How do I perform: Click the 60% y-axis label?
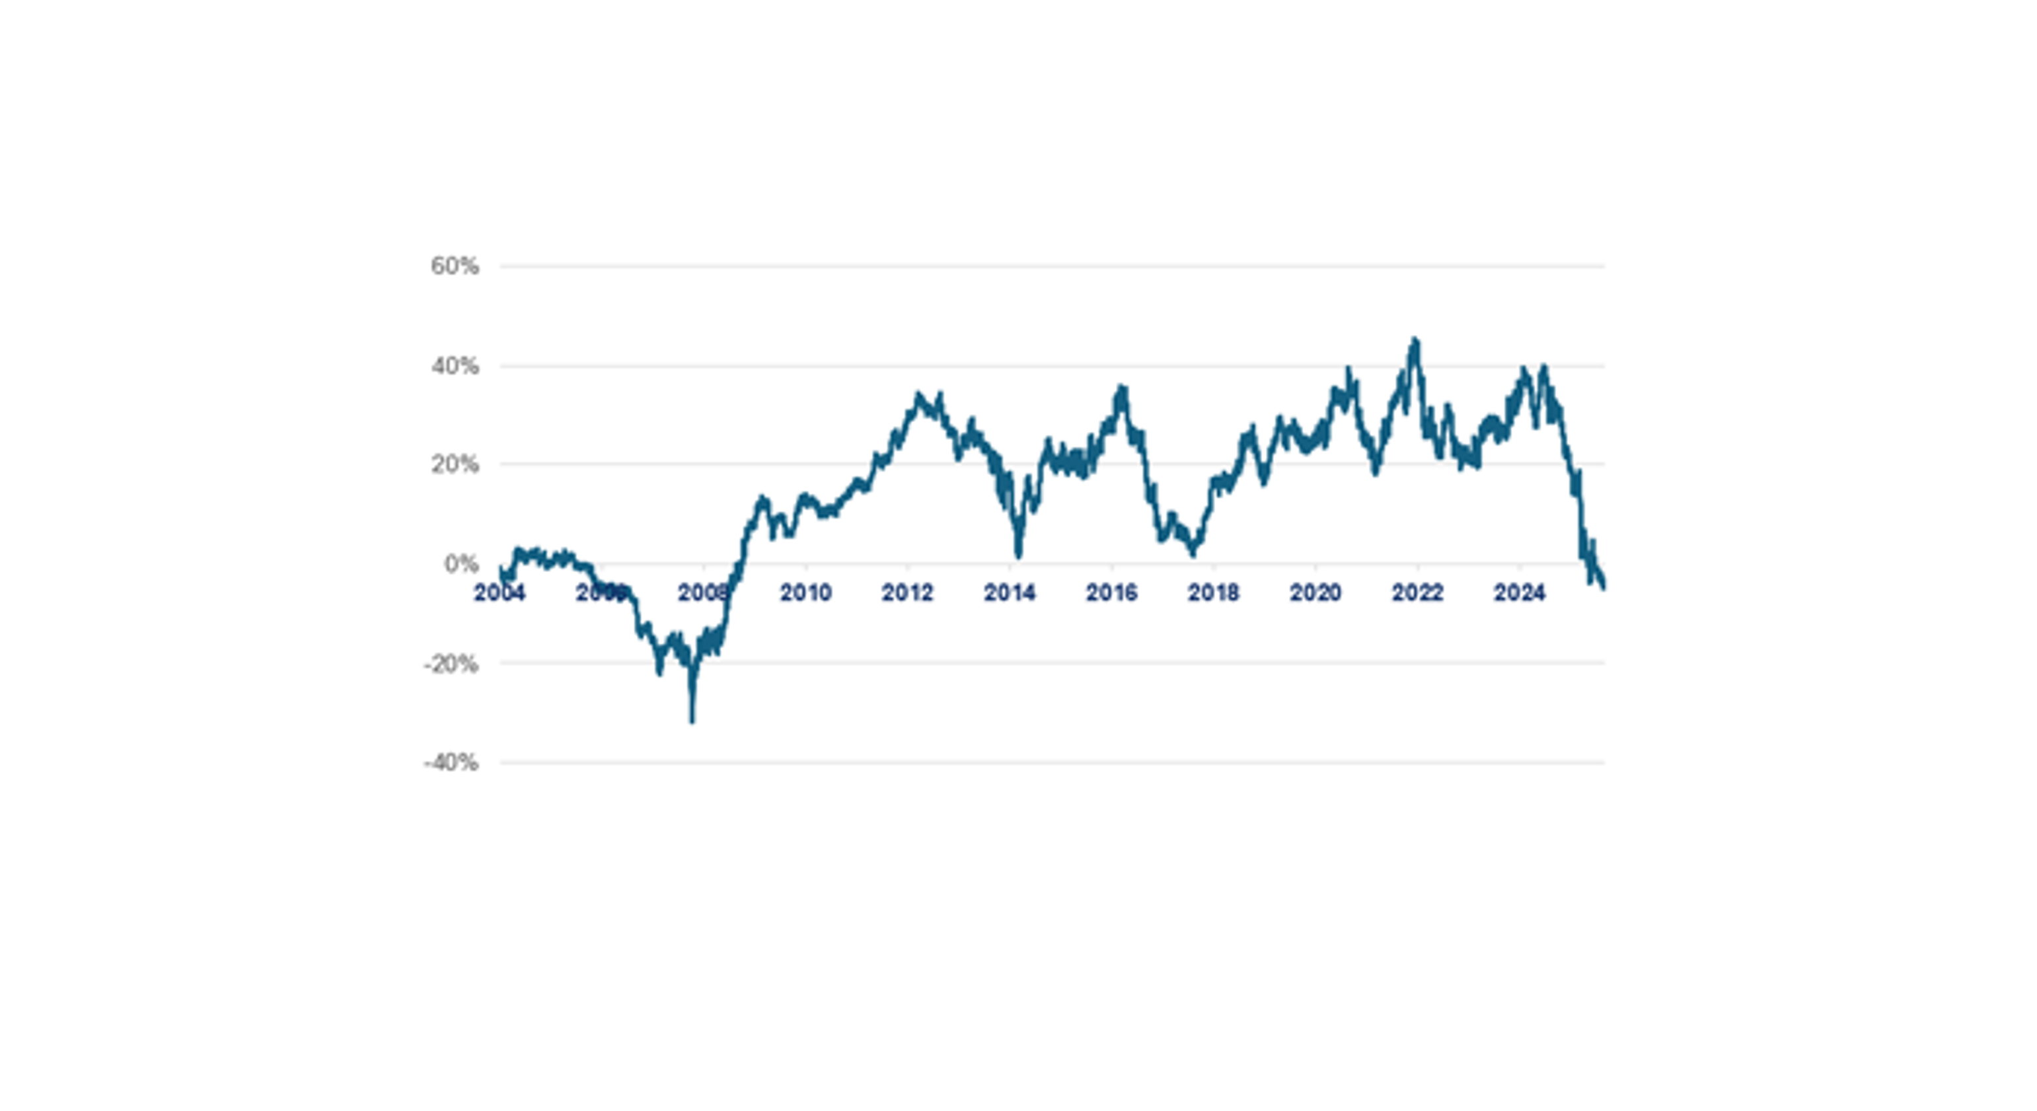(x=455, y=266)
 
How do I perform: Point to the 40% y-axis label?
(x=455, y=366)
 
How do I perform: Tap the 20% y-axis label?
(x=455, y=464)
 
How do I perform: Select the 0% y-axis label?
(x=461, y=564)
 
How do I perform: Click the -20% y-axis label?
(x=451, y=664)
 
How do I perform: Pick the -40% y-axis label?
(x=451, y=763)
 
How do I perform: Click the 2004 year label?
(x=499, y=592)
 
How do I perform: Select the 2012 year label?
(x=907, y=592)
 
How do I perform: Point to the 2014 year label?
(x=1009, y=592)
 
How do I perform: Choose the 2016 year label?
(x=1111, y=592)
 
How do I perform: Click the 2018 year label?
(x=1213, y=592)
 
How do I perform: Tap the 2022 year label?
(x=1417, y=592)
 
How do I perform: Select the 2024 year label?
(x=1519, y=592)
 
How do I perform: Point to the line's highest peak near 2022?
(x=1415, y=341)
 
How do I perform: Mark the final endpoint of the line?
(x=1604, y=586)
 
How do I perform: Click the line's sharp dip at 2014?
(x=1019, y=554)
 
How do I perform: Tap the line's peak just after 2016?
(x=1121, y=388)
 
